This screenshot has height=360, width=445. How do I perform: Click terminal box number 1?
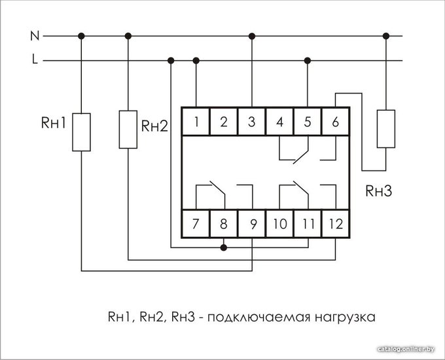click(196, 122)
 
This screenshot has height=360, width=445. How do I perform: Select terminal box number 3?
click(252, 122)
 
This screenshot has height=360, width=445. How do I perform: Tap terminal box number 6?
click(336, 122)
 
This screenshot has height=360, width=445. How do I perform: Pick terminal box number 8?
click(224, 224)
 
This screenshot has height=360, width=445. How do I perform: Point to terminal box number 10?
click(279, 224)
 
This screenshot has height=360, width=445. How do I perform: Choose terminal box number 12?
click(336, 224)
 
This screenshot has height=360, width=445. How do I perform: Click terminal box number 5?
click(308, 122)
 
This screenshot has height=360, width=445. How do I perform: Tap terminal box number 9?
click(252, 224)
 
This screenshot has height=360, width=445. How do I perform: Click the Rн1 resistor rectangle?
click(81, 132)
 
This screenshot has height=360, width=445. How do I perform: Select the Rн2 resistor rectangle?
click(128, 130)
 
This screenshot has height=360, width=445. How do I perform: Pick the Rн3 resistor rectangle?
click(386, 129)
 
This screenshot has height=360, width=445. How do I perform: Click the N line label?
click(35, 36)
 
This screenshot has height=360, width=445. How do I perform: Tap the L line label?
click(35, 60)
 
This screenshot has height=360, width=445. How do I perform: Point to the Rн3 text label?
click(379, 191)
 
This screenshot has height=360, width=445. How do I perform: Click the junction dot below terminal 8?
click(224, 247)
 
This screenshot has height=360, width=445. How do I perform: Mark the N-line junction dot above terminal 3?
click(252, 36)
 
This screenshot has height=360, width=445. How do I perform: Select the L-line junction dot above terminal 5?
click(308, 60)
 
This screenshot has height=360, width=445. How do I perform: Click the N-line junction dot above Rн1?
click(81, 36)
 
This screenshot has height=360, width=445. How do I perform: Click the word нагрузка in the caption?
click(345, 317)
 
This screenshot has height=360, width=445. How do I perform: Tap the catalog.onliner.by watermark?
click(406, 349)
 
